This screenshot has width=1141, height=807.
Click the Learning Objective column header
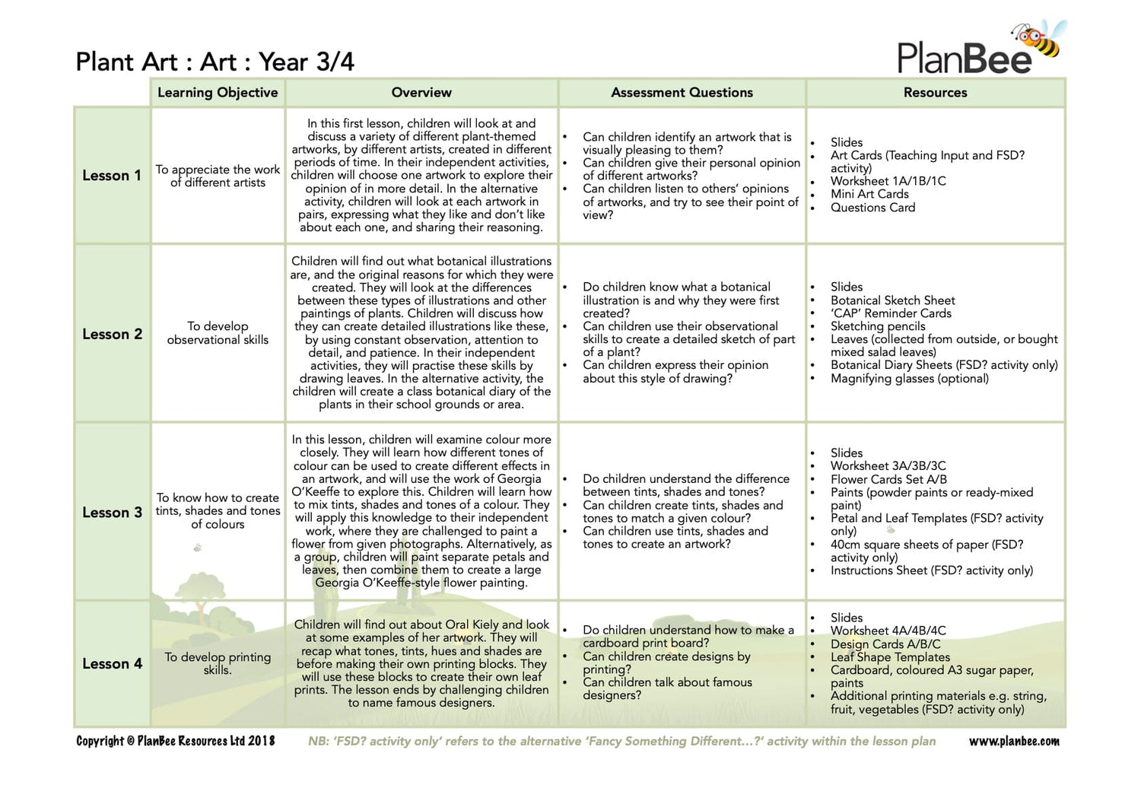pyautogui.click(x=218, y=93)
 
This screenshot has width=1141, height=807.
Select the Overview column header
pyautogui.click(x=421, y=93)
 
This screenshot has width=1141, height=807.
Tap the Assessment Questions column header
pyautogui.click(x=682, y=93)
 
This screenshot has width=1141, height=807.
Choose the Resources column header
pyautogui.click(x=935, y=93)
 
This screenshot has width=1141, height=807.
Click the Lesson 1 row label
pyautogui.click(x=112, y=176)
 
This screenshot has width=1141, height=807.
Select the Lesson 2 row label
pyautogui.click(x=112, y=334)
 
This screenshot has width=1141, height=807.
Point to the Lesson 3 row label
pyautogui.click(x=112, y=513)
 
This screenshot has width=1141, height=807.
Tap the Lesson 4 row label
pyautogui.click(x=112, y=664)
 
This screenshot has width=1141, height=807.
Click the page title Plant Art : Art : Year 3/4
pyautogui.click(x=215, y=62)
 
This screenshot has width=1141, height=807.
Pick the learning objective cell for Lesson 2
pyautogui.click(x=218, y=333)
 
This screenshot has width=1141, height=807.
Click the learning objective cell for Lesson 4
pyautogui.click(x=218, y=663)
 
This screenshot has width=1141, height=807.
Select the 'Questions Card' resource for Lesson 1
pyautogui.click(x=872, y=208)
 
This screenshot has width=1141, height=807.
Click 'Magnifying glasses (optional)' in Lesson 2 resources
pyautogui.click(x=909, y=379)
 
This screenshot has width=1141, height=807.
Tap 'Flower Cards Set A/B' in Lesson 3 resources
pyautogui.click(x=888, y=479)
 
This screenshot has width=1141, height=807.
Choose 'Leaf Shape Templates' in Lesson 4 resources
pyautogui.click(x=890, y=657)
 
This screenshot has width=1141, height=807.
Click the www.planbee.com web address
pyautogui.click(x=1013, y=742)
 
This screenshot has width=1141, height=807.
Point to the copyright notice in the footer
pyautogui.click(x=176, y=742)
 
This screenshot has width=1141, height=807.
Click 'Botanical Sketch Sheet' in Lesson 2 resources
pyautogui.click(x=892, y=300)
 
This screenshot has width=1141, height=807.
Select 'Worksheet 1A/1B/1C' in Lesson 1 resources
pyautogui.click(x=888, y=181)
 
